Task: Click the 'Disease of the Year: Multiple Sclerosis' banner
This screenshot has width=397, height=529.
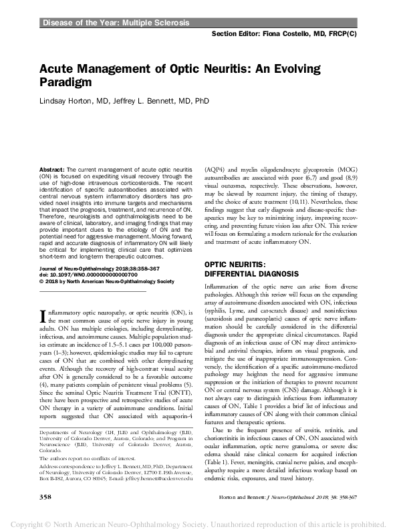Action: pyautogui.click(x=116, y=23)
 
